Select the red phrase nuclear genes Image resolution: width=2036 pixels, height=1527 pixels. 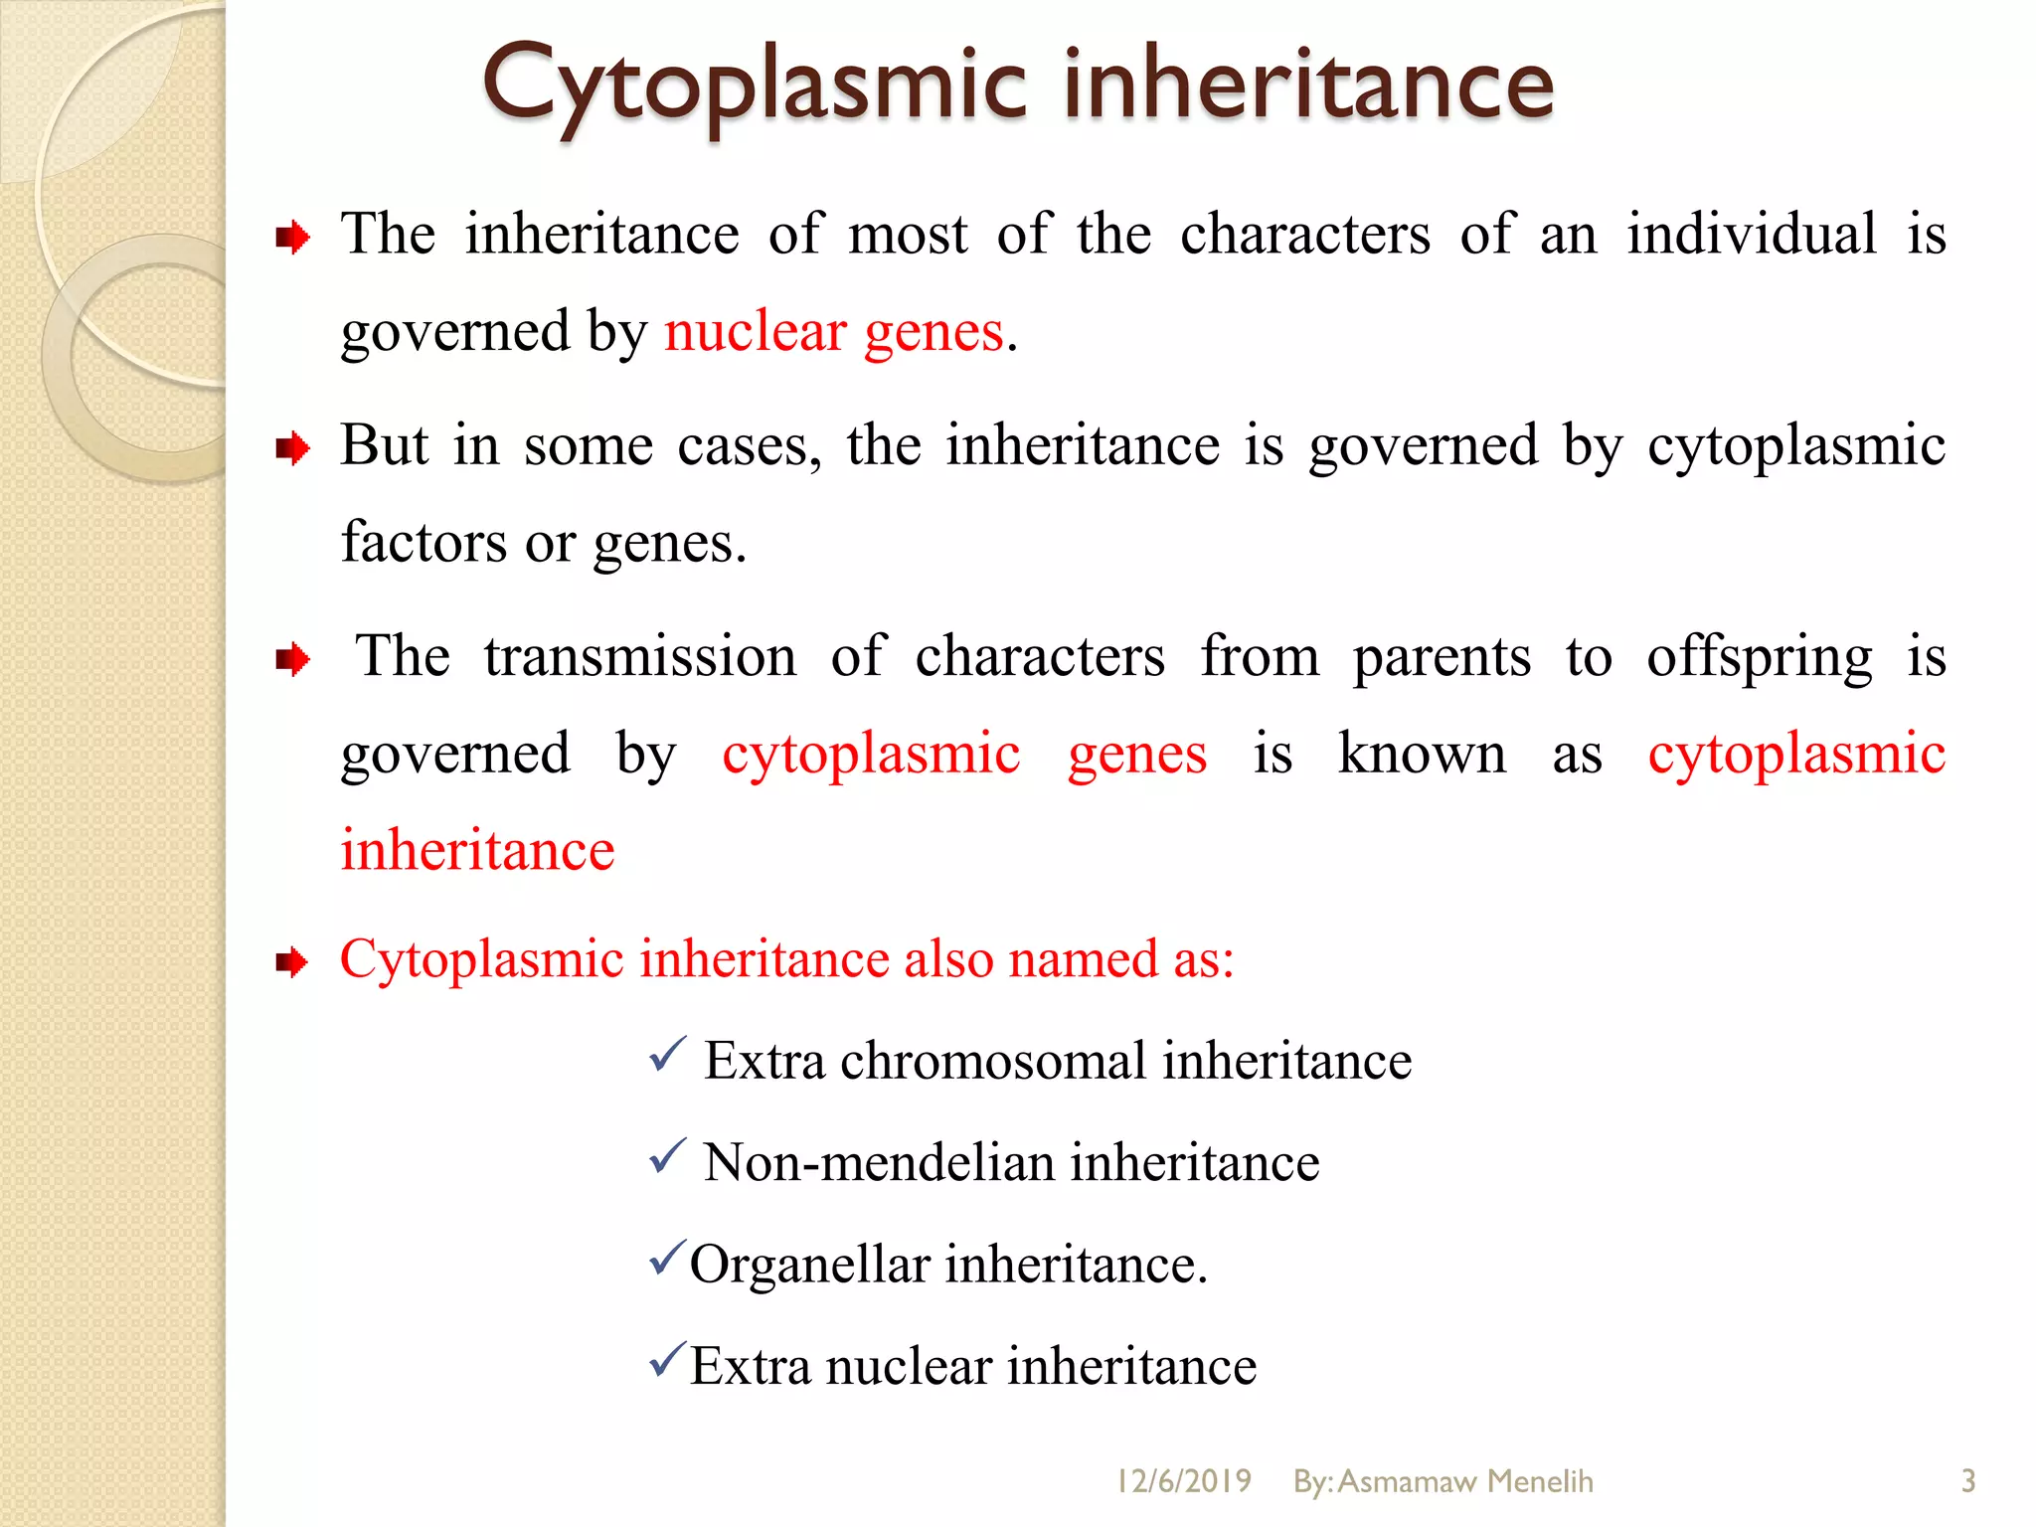(x=833, y=332)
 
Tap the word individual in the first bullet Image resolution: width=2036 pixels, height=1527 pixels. (x=1752, y=235)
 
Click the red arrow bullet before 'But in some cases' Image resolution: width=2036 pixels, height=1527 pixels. (x=292, y=449)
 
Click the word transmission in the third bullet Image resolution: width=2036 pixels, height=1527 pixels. (x=640, y=657)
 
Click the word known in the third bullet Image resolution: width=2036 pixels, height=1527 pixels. (x=1422, y=754)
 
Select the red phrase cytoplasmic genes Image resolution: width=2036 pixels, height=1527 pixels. (x=963, y=754)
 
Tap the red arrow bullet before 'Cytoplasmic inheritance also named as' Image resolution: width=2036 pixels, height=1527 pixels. (x=292, y=962)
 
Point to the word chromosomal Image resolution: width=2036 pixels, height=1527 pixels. (x=993, y=1061)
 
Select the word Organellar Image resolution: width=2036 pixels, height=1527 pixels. (x=809, y=1266)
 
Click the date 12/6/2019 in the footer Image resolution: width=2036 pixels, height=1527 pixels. (x=1183, y=1481)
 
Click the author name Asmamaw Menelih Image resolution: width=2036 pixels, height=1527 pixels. (x=1465, y=1481)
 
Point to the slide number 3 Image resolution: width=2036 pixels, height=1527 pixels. (x=1967, y=1481)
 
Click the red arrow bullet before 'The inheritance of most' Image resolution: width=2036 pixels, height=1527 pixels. (x=292, y=239)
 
